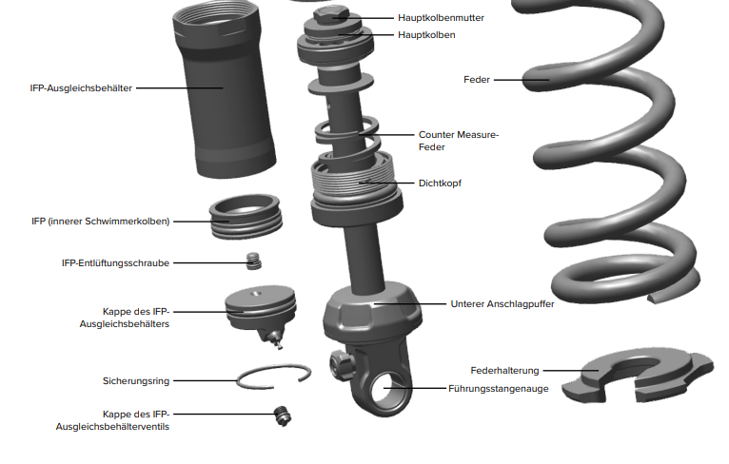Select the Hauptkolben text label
[x=426, y=35]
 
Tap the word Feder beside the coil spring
[x=477, y=80]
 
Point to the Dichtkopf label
[x=440, y=183]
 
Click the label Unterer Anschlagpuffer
[x=502, y=304]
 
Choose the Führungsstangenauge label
[x=499, y=389]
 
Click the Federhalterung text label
[x=505, y=370]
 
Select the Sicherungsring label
[x=136, y=380]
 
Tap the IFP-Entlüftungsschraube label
[x=115, y=262]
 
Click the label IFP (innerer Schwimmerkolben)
[x=100, y=221]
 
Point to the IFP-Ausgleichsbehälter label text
[x=82, y=87]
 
